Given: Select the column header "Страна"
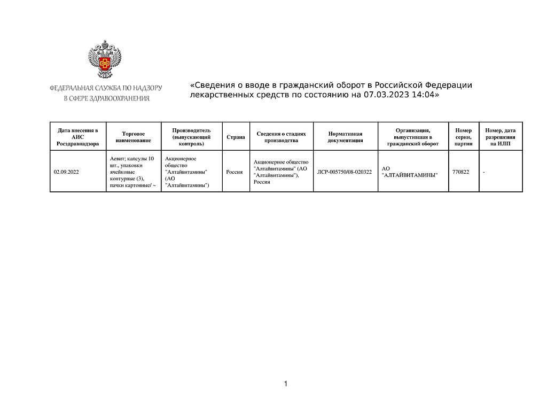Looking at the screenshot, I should tap(236, 137).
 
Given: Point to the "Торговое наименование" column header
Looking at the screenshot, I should tap(133, 137).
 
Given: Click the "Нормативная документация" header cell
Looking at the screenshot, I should tap(345, 137).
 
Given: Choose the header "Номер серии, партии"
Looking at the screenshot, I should tap(463, 137).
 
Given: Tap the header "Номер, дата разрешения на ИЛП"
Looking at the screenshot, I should tap(500, 137).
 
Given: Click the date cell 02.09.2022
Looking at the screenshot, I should tap(66, 172).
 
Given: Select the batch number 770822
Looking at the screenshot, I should tap(460, 172).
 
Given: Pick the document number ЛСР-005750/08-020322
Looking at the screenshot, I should tap(345, 172).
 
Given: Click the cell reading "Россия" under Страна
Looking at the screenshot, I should tap(235, 172).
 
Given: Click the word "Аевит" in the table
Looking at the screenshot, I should tap(116, 159).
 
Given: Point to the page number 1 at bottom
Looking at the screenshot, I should tap(286, 384).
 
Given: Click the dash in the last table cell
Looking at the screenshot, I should tap(484, 172).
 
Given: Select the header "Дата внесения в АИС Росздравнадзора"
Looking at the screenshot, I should tap(77, 137).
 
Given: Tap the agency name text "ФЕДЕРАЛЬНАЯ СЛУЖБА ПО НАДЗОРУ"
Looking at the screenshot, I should tap(106, 88).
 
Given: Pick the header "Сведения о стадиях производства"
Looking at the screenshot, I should tap(281, 137).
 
